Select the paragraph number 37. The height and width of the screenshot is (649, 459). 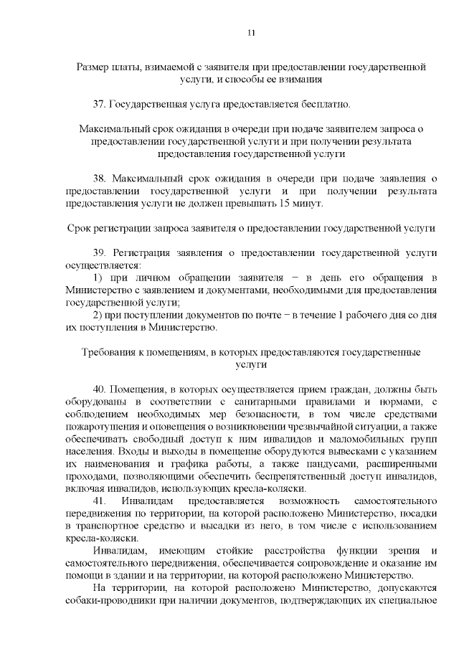[x=100, y=104]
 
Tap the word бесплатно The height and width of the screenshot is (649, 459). [x=326, y=104]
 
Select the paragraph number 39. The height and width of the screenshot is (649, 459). [x=100, y=252]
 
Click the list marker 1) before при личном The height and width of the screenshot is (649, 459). [x=100, y=278]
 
